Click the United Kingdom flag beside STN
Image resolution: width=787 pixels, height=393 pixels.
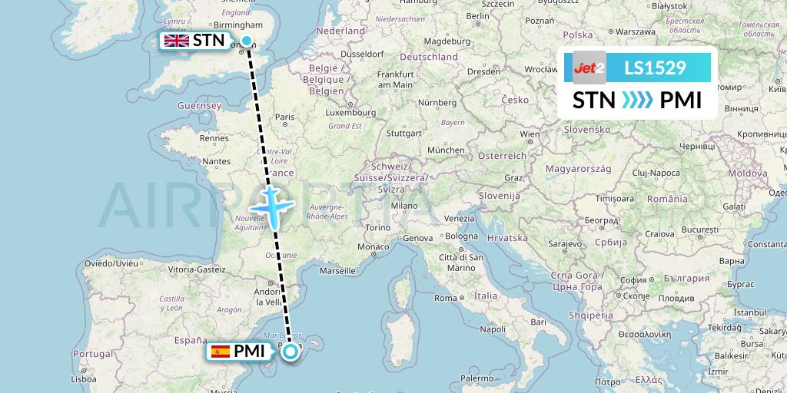coord(177,41)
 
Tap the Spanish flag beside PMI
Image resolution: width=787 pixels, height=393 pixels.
coord(220,352)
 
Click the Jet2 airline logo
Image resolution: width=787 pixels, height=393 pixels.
coord(589,68)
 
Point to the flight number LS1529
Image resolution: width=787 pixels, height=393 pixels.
coord(655,68)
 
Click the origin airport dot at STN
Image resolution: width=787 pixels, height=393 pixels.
coord(247,41)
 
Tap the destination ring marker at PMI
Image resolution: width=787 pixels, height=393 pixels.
coord(291,352)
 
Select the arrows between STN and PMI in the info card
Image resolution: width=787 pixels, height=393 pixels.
coord(637,101)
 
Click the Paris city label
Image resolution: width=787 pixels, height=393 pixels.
coord(285,117)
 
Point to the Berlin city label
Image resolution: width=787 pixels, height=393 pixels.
coord(477,15)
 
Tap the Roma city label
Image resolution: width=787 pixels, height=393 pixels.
coord(447,298)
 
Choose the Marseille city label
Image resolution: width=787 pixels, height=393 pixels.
coord(337,270)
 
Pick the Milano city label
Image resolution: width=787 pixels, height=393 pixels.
coord(404,206)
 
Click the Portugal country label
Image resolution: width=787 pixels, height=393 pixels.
coord(94,353)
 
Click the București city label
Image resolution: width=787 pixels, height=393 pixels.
coord(698,230)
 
